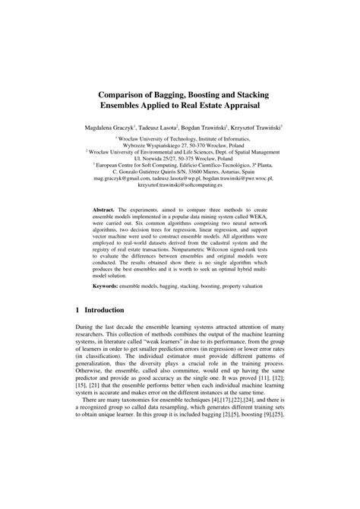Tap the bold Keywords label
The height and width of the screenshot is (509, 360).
[105, 285]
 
